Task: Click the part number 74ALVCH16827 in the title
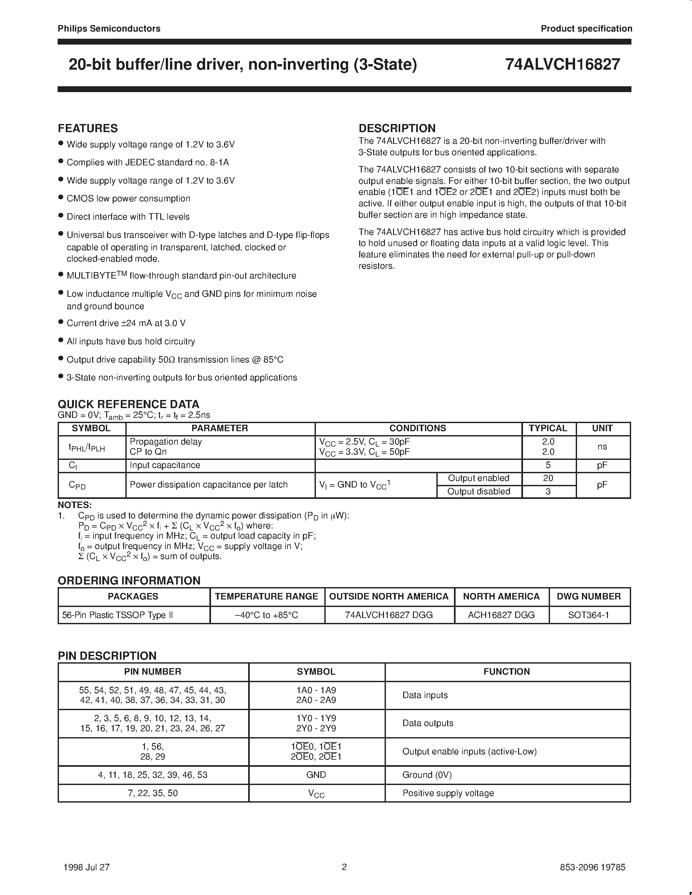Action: (x=562, y=65)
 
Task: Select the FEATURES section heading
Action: (x=88, y=128)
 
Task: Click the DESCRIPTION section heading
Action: (x=397, y=128)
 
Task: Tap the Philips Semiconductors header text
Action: (x=109, y=29)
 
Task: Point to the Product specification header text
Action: (x=586, y=29)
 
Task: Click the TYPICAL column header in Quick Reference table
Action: (x=548, y=428)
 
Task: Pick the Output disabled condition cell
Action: (x=478, y=491)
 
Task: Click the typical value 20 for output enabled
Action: (x=548, y=478)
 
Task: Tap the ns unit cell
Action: (x=602, y=447)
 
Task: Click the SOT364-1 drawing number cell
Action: (x=589, y=615)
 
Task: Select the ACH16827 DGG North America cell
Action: (x=501, y=615)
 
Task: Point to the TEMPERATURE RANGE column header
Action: (x=266, y=596)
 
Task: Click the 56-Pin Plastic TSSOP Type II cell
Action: (x=118, y=615)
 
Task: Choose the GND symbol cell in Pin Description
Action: (x=316, y=775)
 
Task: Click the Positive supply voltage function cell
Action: (x=448, y=793)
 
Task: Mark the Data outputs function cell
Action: (x=428, y=723)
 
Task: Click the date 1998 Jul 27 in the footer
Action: (x=87, y=867)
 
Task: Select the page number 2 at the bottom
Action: (x=344, y=867)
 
